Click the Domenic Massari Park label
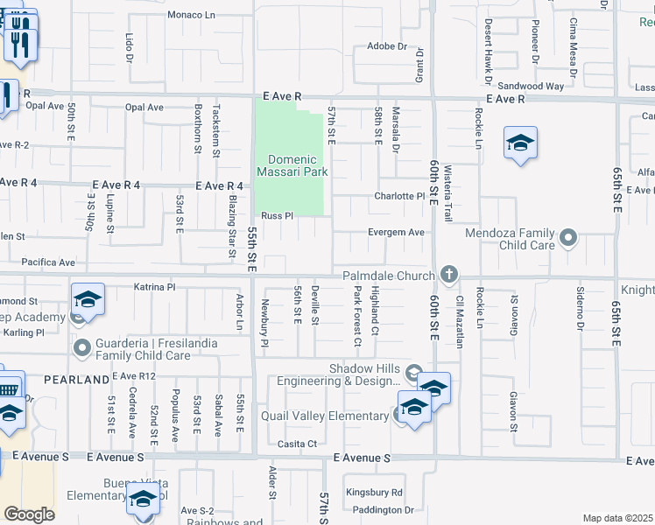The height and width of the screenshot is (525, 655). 292,165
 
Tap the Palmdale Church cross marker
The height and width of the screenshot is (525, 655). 449,276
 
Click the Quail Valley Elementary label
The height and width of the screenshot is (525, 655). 335,416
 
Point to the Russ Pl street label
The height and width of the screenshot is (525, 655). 276,215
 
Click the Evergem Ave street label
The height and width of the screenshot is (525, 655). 398,232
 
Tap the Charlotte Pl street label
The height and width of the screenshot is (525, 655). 399,196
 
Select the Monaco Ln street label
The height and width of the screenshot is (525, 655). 191,16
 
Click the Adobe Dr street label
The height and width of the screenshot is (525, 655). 387,46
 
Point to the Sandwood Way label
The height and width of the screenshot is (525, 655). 531,86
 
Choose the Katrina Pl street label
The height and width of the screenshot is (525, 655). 155,286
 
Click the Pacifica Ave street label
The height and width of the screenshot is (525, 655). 49,262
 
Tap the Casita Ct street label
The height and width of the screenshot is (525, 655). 297,444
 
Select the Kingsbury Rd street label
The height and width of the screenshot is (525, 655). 373,493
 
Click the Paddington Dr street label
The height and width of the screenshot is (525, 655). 378,509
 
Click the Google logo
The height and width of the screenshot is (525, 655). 30,514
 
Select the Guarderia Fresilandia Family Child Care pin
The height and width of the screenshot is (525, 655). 83,349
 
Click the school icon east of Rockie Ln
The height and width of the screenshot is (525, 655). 520,143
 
